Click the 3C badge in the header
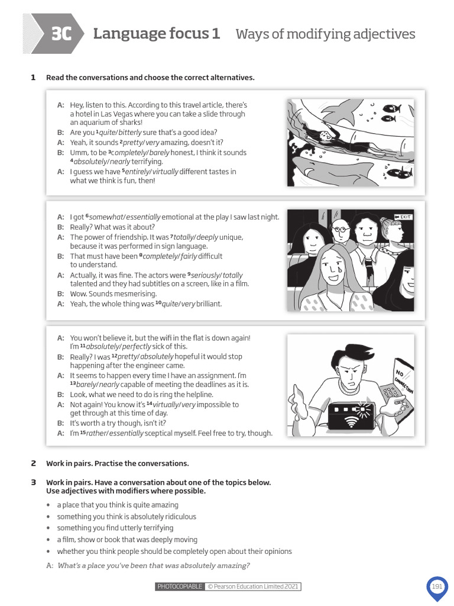(x=61, y=34)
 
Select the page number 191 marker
(x=437, y=586)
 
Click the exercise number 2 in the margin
(x=33, y=463)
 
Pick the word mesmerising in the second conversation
(x=127, y=294)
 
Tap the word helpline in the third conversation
(x=199, y=394)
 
